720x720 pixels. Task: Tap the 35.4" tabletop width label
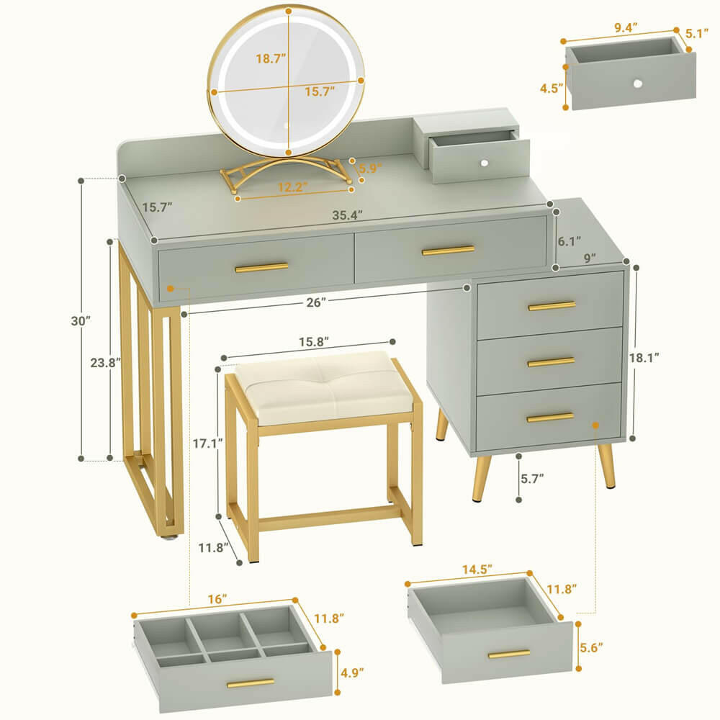point(348,214)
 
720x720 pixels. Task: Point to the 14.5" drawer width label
point(476,568)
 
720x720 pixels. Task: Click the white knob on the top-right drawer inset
point(637,84)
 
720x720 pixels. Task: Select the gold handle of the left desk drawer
point(261,267)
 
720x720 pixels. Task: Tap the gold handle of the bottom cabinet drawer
point(550,417)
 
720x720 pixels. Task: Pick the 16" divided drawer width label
point(214,598)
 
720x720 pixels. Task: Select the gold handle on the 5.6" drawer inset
point(508,654)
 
